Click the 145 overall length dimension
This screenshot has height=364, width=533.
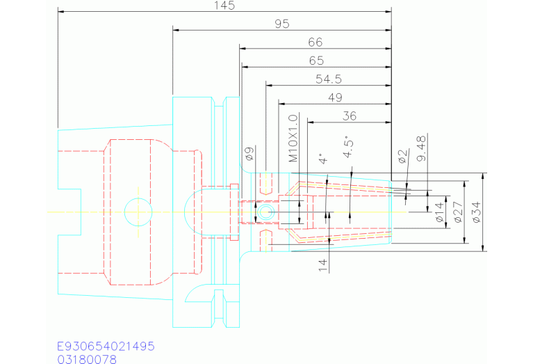(x=225, y=6)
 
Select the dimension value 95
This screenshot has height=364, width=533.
(x=281, y=24)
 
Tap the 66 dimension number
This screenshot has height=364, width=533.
(x=315, y=42)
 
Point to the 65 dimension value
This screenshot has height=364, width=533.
(x=315, y=61)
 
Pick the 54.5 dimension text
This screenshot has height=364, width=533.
(x=328, y=79)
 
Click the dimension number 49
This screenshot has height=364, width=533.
(x=334, y=97)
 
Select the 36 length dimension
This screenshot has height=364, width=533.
(x=350, y=116)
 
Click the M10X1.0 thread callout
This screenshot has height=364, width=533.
(x=293, y=139)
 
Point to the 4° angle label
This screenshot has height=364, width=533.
(x=321, y=159)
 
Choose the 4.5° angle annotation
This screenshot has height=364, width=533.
(x=349, y=150)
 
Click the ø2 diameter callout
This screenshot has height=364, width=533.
(x=402, y=156)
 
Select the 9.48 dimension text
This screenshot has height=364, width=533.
(x=420, y=149)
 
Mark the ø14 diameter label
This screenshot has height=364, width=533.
(x=438, y=211)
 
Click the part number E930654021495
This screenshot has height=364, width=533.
(x=106, y=346)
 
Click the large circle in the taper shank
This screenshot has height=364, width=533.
(x=138, y=211)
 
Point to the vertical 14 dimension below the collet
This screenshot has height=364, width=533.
(x=322, y=264)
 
